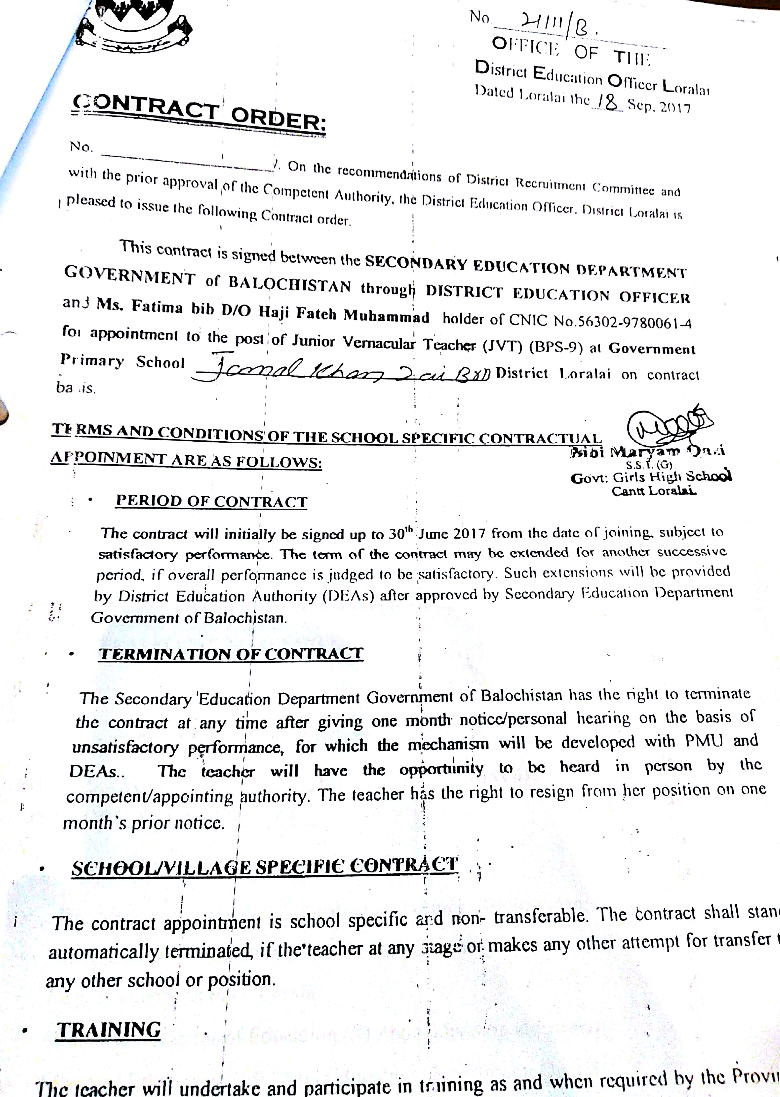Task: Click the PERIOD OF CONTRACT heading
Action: click(x=211, y=501)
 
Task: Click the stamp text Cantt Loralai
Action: click(x=654, y=491)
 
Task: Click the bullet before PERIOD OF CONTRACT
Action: click(x=90, y=500)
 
